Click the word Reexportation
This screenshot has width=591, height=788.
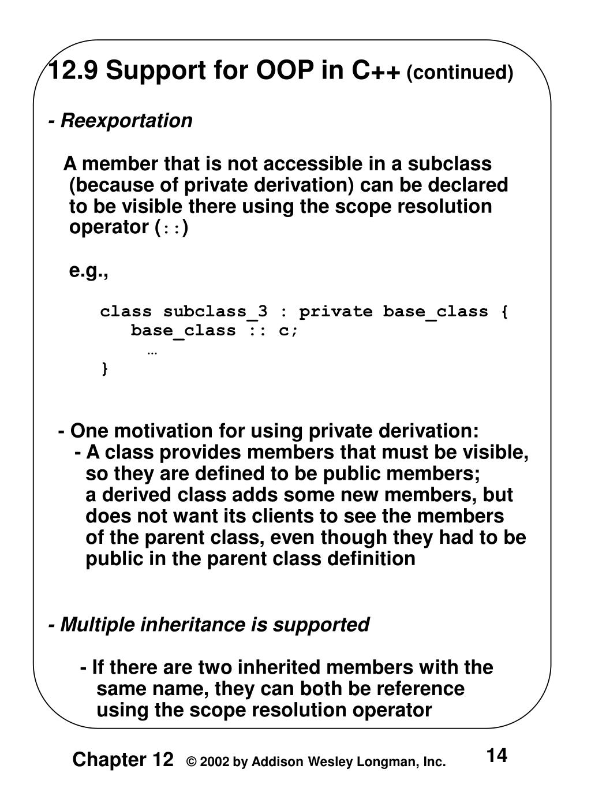click(x=126, y=121)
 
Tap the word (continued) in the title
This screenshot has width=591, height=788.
click(x=460, y=73)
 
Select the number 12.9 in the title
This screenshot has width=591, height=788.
click(x=73, y=72)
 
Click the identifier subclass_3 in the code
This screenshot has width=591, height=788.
click(x=215, y=312)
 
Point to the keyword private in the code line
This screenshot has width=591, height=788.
click(x=336, y=312)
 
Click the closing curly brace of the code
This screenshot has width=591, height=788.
click(x=104, y=368)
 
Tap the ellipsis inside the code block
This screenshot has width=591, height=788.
click(x=152, y=350)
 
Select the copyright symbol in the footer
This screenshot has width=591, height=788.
click(x=190, y=763)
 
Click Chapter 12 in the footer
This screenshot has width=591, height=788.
click(x=123, y=760)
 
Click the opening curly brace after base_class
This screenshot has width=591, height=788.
click(x=504, y=312)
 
